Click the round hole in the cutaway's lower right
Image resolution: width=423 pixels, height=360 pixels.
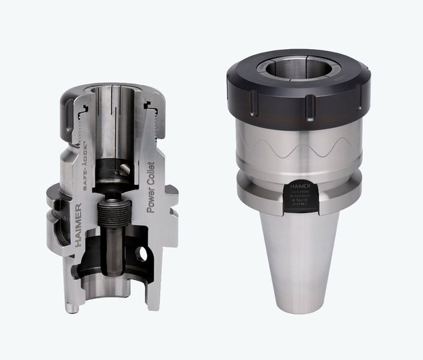(142, 254)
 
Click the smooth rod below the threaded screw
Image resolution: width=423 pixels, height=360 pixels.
(112, 252)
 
